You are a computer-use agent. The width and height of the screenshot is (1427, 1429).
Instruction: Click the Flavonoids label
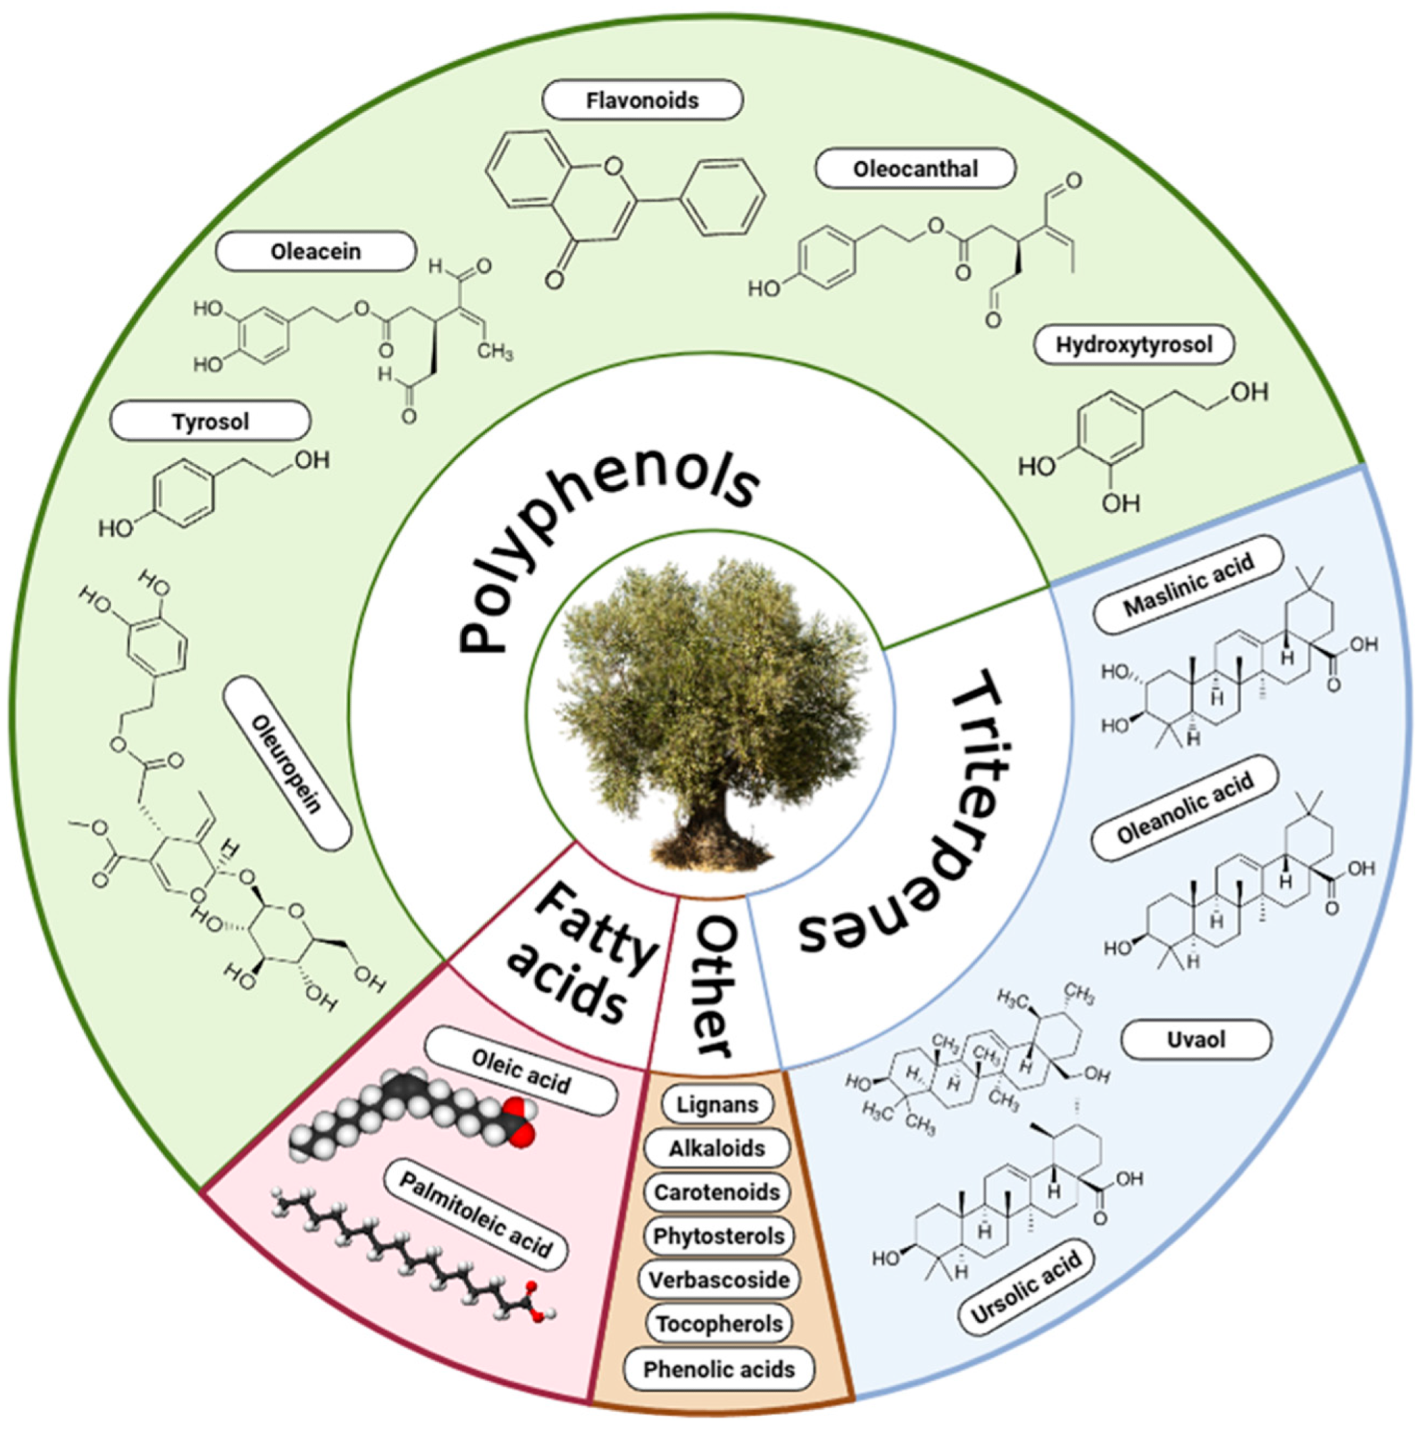pyautogui.click(x=642, y=101)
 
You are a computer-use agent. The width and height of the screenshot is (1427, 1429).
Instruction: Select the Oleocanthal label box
pyautogui.click(x=915, y=169)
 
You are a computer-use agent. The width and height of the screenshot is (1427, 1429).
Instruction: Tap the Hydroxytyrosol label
pyautogui.click(x=1133, y=345)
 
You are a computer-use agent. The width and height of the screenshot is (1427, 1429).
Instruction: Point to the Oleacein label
pyautogui.click(x=315, y=252)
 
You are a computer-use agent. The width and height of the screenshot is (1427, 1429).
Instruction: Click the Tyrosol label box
pyautogui.click(x=210, y=422)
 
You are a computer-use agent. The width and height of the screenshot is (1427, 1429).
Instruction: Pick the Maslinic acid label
pyautogui.click(x=1189, y=585)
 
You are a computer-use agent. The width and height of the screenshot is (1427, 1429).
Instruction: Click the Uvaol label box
pyautogui.click(x=1196, y=1040)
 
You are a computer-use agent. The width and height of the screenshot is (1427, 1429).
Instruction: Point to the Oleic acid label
pyautogui.click(x=521, y=1070)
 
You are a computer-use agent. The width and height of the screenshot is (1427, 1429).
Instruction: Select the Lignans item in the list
pyautogui.click(x=717, y=1105)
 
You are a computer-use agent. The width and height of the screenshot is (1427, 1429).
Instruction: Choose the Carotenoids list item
pyautogui.click(x=717, y=1193)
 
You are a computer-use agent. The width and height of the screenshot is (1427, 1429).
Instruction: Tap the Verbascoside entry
pyautogui.click(x=718, y=1280)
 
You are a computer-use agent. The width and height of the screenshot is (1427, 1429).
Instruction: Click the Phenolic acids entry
pyautogui.click(x=718, y=1369)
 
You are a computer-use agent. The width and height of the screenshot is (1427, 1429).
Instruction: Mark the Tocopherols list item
pyautogui.click(x=718, y=1324)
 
